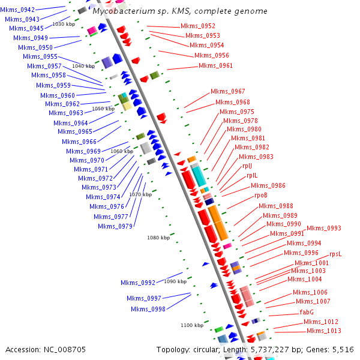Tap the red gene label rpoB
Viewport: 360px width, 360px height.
[x=261, y=195]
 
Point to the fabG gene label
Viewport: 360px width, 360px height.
[x=307, y=312]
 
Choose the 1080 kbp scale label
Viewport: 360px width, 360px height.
[x=158, y=238]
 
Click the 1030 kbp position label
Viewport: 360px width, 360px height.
[x=64, y=24]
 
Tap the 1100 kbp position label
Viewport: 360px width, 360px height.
[x=192, y=325]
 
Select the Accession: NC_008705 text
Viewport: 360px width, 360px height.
[x=46, y=349]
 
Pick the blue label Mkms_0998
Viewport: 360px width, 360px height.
[x=148, y=309]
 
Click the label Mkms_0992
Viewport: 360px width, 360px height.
[x=138, y=282]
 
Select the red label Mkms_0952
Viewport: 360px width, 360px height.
[x=198, y=26]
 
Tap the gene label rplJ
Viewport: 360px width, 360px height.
[x=247, y=166]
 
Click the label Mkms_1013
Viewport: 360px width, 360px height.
[x=324, y=331]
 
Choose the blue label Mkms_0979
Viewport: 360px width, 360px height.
[x=115, y=226]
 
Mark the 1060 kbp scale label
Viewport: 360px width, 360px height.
[x=121, y=151]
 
